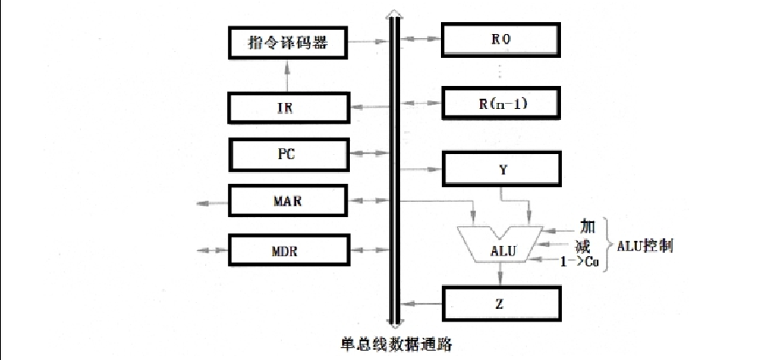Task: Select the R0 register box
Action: [x=501, y=40]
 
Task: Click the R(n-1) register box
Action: [x=501, y=104]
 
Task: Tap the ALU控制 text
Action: [x=645, y=245]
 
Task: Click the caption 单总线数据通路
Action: [x=395, y=344]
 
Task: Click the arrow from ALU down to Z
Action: [x=501, y=274]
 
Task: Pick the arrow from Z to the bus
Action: [x=421, y=301]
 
